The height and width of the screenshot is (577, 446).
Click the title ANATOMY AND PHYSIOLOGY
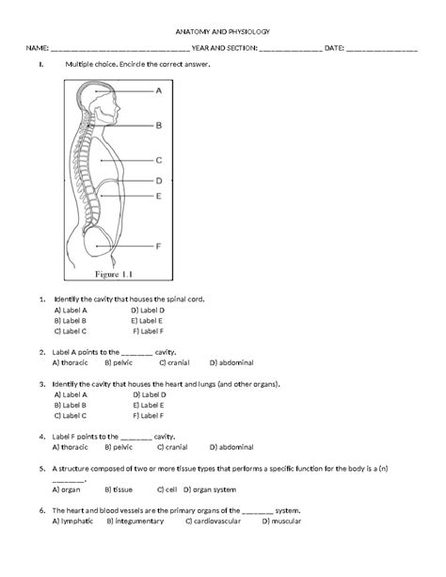click(x=223, y=32)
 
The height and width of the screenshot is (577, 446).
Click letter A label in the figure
click(x=159, y=90)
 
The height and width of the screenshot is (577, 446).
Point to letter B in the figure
click(x=159, y=125)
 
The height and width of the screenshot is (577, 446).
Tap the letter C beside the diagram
click(x=159, y=160)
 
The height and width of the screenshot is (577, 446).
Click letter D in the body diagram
click(x=159, y=181)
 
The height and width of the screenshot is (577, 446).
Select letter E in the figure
click(x=159, y=196)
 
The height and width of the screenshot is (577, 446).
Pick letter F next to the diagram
click(x=158, y=247)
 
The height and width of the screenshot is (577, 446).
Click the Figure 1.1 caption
click(x=114, y=274)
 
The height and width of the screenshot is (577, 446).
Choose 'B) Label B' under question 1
click(x=71, y=321)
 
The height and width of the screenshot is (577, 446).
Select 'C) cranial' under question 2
click(x=174, y=362)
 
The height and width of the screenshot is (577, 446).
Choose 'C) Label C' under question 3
click(x=71, y=416)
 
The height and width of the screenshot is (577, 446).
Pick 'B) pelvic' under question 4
click(x=119, y=447)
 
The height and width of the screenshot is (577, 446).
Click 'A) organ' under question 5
click(x=66, y=490)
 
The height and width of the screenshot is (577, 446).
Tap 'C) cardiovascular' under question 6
click(x=213, y=521)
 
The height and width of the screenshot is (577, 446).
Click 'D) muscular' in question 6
click(x=281, y=521)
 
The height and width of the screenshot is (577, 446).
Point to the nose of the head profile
click(x=119, y=107)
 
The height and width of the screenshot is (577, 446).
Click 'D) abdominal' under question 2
click(x=231, y=362)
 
